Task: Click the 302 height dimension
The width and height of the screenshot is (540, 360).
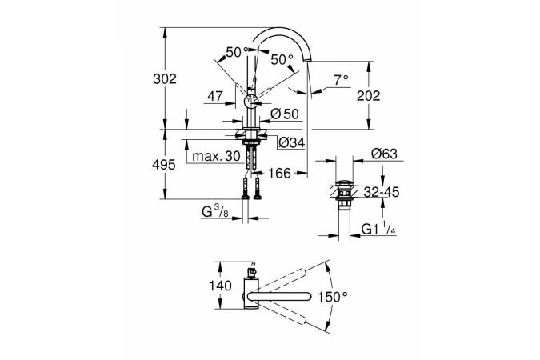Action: (x=165, y=78)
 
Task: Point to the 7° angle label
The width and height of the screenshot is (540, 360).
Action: (x=342, y=78)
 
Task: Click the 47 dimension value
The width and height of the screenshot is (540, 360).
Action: (x=214, y=95)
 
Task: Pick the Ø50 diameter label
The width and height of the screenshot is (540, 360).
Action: (x=285, y=114)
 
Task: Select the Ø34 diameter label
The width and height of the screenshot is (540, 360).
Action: (x=290, y=143)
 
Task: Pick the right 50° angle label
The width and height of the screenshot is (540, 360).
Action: (x=281, y=59)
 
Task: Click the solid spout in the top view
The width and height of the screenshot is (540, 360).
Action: (x=280, y=298)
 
